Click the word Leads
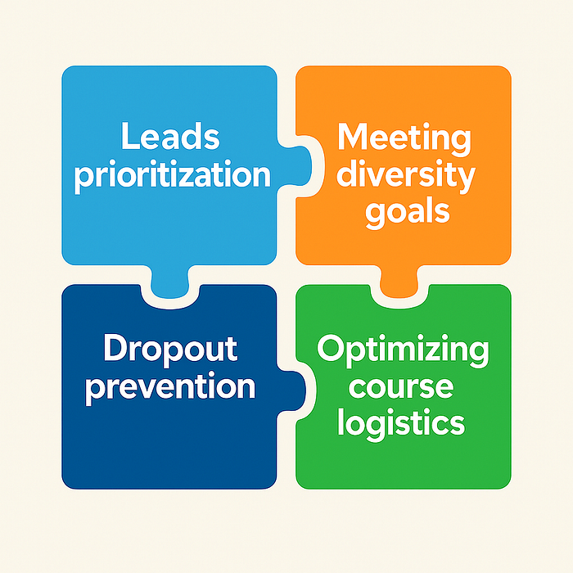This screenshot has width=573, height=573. pos(170,138)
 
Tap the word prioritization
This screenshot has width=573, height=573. pos(171,175)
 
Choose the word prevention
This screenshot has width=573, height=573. pos(170,386)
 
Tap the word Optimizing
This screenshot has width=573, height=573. pos(403,350)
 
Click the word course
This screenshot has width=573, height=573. pos(402,387)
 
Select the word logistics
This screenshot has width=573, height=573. pos(404,424)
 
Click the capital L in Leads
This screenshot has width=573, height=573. pos(129,137)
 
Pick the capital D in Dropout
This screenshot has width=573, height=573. pos(115,350)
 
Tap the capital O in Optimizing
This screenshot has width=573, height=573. pos(331,350)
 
